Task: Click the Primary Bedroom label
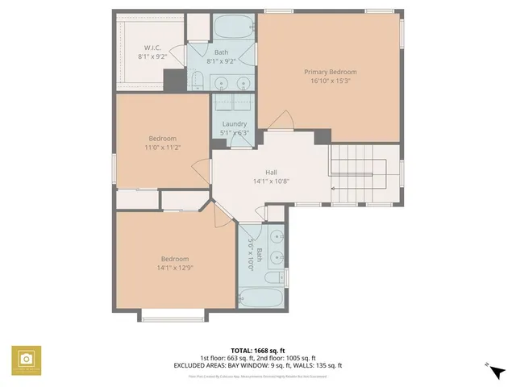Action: click(x=330, y=72)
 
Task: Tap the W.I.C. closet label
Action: click(x=153, y=48)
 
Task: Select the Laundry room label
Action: click(x=235, y=123)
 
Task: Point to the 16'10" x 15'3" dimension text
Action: click(x=330, y=81)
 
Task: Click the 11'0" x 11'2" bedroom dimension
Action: click(x=161, y=147)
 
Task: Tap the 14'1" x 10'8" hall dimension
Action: click(x=271, y=181)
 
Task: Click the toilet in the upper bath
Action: click(x=198, y=78)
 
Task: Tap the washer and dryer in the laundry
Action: click(x=234, y=103)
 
